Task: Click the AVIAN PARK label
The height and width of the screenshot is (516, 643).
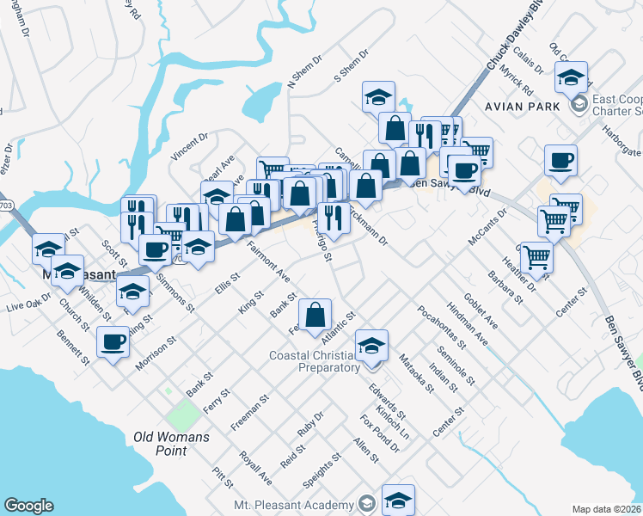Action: coord(521,107)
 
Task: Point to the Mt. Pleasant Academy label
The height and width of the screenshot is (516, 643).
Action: coord(297,504)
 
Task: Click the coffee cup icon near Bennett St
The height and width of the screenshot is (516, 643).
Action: coord(113,343)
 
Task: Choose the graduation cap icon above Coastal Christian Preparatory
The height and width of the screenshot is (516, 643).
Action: coord(371,346)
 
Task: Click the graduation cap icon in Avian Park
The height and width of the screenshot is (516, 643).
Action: coord(571,77)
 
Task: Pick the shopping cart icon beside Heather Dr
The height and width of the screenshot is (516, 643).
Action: coord(536,255)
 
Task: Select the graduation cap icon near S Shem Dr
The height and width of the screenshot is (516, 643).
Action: coord(377,97)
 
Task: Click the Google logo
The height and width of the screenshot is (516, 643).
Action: coord(28,506)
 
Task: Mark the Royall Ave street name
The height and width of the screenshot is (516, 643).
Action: coord(256,468)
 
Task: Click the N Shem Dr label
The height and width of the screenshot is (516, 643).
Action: coord(303,74)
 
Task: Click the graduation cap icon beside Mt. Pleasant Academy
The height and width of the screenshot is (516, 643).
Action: coord(399,499)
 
